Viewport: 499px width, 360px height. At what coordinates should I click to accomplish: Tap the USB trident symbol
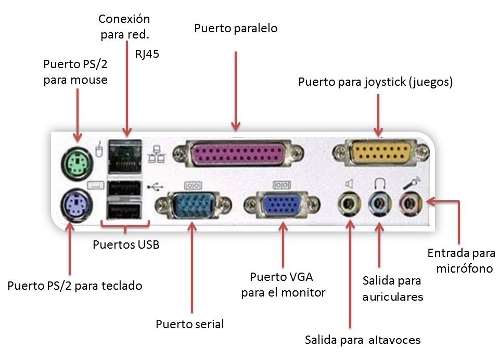pyautogui.click(x=155, y=186)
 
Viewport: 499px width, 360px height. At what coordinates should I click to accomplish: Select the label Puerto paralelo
pyautogui.click(x=236, y=28)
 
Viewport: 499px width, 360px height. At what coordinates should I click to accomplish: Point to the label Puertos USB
pyautogui.click(x=125, y=244)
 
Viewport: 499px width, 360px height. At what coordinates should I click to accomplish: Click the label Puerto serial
pyautogui.click(x=189, y=324)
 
